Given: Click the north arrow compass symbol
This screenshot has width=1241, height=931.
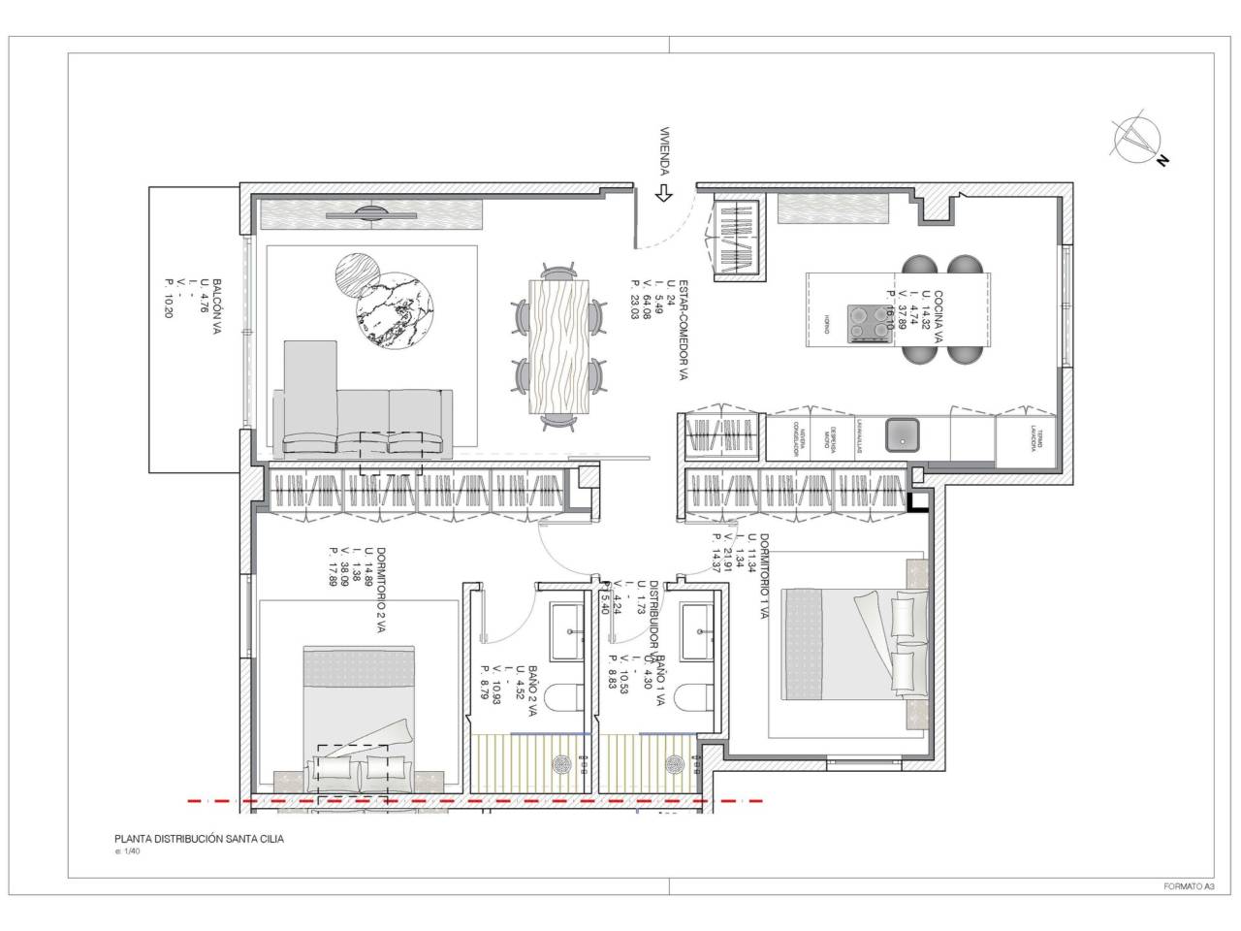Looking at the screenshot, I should tap(1133, 138).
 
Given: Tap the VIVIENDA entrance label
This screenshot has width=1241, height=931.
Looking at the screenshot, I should tap(665, 152).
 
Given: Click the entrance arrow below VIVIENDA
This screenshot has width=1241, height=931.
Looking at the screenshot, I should tap(664, 193).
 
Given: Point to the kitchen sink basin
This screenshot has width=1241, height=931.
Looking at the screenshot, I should tap(904, 436).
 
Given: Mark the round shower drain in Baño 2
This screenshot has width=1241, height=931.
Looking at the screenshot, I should tap(561, 764).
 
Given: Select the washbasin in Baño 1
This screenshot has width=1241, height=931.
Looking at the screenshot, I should tap(698, 628).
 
